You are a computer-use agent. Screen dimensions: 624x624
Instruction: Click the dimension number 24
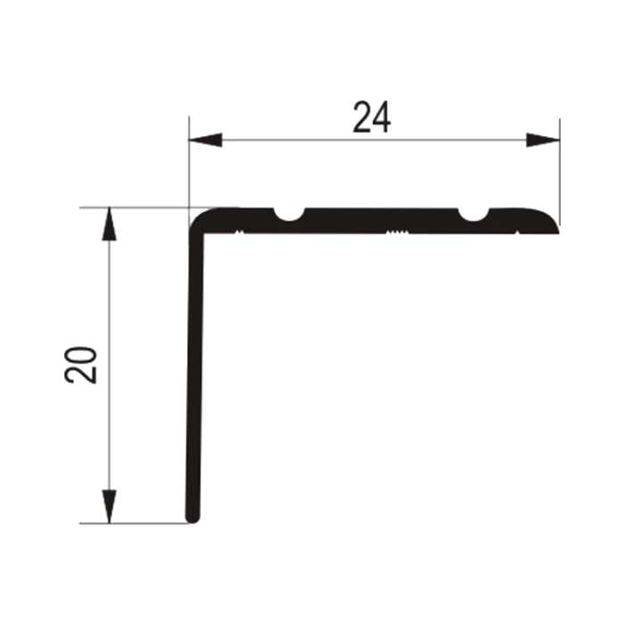[x=372, y=117]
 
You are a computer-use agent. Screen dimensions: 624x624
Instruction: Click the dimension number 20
[x=80, y=365]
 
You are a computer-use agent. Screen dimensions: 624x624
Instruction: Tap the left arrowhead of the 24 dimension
[x=205, y=140]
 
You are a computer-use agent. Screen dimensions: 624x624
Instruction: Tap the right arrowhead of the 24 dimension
[x=543, y=140]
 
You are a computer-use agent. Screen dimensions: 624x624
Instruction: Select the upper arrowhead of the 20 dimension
[x=109, y=224]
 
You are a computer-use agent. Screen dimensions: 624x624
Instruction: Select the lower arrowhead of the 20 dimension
[x=109, y=506]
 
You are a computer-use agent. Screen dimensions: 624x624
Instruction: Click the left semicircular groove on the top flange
[x=290, y=214]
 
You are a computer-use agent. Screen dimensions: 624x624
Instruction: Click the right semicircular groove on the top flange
[x=473, y=214]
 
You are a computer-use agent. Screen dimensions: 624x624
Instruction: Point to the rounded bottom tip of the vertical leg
[x=193, y=517]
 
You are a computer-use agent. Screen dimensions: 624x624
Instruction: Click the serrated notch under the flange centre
[x=398, y=231]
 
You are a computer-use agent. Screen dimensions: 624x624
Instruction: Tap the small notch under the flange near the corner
[x=239, y=231]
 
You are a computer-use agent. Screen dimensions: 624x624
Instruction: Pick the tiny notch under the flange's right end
[x=517, y=232]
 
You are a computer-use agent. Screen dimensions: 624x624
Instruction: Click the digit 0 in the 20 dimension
[x=80, y=356]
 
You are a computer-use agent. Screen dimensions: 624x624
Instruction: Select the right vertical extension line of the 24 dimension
[x=560, y=172]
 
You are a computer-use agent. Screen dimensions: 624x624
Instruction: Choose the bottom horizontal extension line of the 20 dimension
[x=134, y=523]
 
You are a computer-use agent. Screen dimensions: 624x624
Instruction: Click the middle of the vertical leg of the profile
[x=194, y=374]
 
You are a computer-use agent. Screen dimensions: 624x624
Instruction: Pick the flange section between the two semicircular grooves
[x=382, y=220]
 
